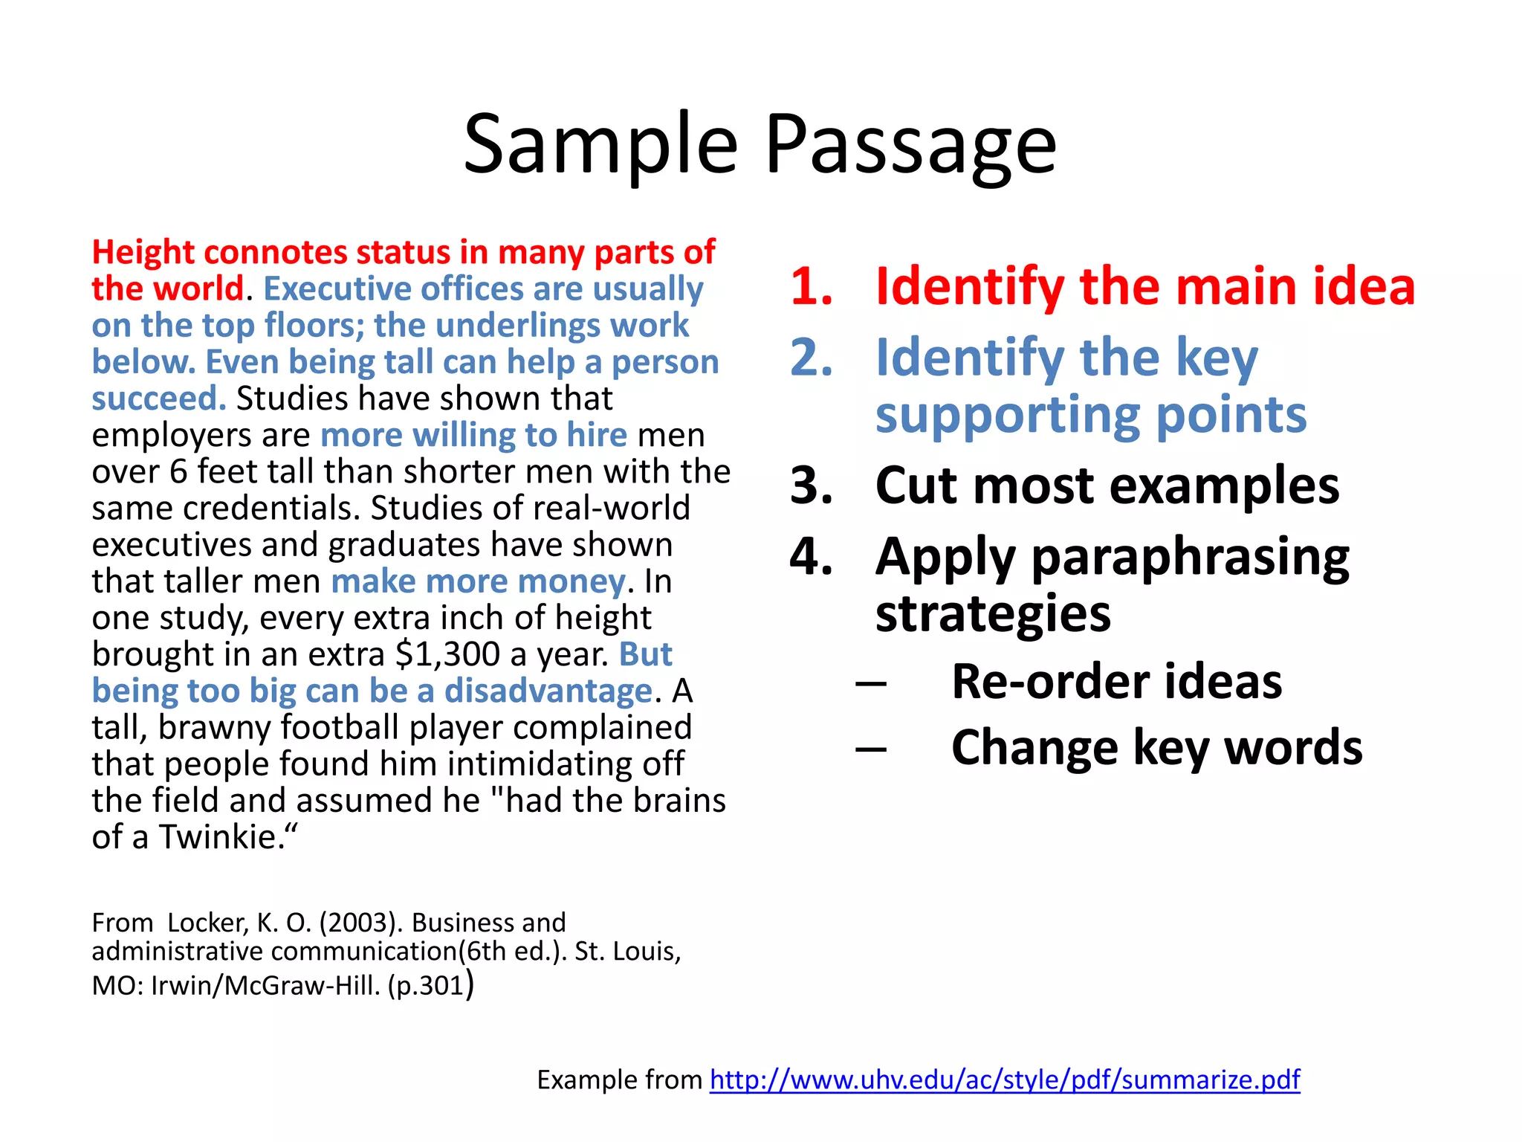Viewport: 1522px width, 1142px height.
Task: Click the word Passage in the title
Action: pyautogui.click(x=910, y=145)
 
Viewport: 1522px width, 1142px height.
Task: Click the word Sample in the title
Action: pyautogui.click(x=600, y=145)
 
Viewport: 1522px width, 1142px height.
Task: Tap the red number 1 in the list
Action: pyautogui.click(x=811, y=286)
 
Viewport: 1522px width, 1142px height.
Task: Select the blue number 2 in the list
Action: pyautogui.click(x=811, y=358)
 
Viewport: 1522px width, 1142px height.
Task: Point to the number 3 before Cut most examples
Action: pyautogui.click(x=811, y=485)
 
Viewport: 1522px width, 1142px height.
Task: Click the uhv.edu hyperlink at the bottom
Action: pyautogui.click(x=1004, y=1080)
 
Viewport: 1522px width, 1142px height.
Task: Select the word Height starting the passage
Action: pyautogui.click(x=143, y=253)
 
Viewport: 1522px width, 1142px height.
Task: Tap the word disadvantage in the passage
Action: pyautogui.click(x=548, y=691)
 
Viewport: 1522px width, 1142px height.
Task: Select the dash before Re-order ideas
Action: pyautogui.click(x=870, y=683)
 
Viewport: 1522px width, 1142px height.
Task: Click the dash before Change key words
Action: pyautogui.click(x=870, y=748)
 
